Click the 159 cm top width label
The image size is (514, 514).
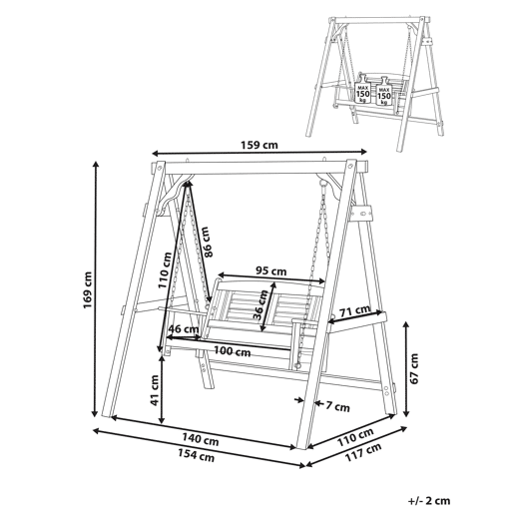258,146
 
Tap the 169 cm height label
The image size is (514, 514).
88,290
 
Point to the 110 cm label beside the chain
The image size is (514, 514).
165,270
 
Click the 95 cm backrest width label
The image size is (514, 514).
271,271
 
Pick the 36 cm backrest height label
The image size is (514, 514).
260,304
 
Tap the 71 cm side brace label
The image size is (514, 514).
354,310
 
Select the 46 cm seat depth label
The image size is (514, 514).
184,329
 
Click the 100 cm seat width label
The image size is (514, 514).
233,351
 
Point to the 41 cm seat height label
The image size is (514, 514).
154,390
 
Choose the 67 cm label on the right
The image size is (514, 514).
414,368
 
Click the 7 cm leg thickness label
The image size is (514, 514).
337,406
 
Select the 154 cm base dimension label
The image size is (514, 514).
196,455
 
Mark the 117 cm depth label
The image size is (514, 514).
363,452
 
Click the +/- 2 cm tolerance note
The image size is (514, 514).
429,501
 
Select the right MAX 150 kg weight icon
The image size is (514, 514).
384,92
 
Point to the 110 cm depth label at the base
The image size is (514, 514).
355,437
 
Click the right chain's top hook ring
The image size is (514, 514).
321,183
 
